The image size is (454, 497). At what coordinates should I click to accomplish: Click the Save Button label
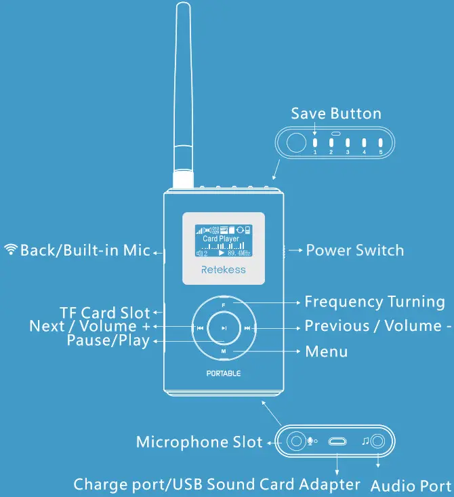coord(336,113)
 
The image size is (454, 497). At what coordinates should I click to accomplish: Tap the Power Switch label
coord(354,250)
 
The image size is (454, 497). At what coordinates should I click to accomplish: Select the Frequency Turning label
coord(375,302)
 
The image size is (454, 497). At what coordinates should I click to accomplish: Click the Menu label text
coord(327,351)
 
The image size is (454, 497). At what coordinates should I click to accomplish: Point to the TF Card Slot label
coord(104,313)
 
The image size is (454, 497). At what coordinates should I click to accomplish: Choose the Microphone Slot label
coord(199,442)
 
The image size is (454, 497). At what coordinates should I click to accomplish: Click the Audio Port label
coord(411,485)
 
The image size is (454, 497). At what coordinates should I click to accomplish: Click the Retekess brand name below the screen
coord(224,270)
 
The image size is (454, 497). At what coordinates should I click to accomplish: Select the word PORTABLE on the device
coord(224,374)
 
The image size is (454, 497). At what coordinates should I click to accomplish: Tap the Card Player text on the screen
coord(221,239)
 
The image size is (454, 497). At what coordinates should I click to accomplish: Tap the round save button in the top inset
coord(295,143)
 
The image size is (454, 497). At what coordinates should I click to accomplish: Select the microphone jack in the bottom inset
coord(296,442)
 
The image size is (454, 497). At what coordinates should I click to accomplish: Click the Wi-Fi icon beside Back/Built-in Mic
coord(11,250)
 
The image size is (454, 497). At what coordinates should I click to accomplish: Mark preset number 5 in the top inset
coord(381,144)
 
